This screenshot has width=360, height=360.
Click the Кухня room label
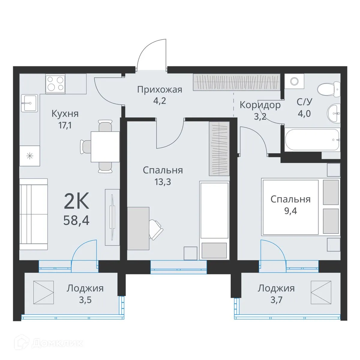click(65, 114)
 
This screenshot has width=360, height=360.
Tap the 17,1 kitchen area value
click(65, 125)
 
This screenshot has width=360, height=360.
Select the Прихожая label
click(160, 89)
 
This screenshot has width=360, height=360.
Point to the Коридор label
click(260, 105)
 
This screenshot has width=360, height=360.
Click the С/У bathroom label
click(304, 102)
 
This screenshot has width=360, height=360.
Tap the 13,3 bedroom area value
click(163, 181)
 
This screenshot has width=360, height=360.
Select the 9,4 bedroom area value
click(290, 211)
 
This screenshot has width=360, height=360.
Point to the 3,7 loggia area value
click(276, 300)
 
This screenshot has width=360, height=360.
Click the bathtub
click(312, 140)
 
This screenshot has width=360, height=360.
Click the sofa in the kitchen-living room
click(34, 214)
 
